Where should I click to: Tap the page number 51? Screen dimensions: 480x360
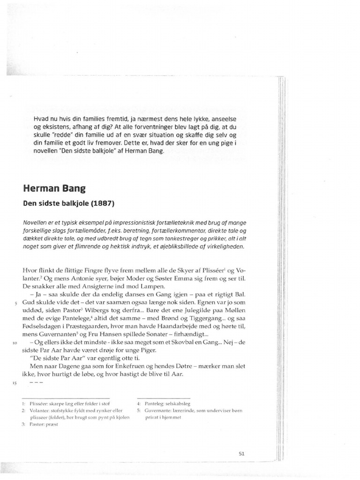click(x=242, y=453)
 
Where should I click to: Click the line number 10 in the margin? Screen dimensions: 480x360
click(x=15, y=343)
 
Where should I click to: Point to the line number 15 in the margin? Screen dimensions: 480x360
click(x=15, y=383)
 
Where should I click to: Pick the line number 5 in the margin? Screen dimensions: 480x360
click(x=15, y=303)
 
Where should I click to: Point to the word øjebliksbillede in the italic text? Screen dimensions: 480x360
click(x=180, y=247)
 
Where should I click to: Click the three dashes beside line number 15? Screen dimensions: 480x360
click(x=36, y=383)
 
